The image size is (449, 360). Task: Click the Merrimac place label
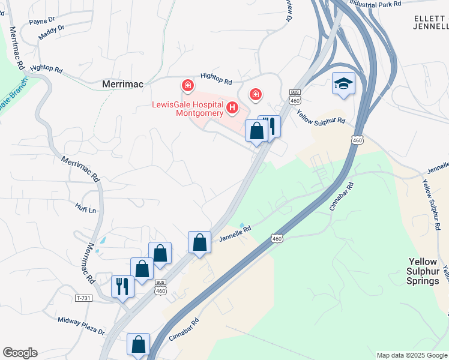[x=122, y=84]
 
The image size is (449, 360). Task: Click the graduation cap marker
[x=343, y=83]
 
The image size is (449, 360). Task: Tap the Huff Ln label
[x=86, y=210]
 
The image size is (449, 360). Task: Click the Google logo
[x=20, y=353]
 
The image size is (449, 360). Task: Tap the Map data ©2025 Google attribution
[x=412, y=355]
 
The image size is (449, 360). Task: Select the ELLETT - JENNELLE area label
[x=431, y=23]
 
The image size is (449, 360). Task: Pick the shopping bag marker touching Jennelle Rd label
[x=199, y=242]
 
